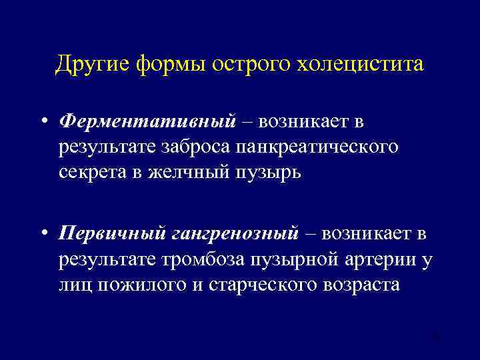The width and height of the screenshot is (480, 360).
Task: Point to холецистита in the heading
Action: pos(360,65)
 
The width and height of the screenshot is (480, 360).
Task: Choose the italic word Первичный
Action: pos(111,234)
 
